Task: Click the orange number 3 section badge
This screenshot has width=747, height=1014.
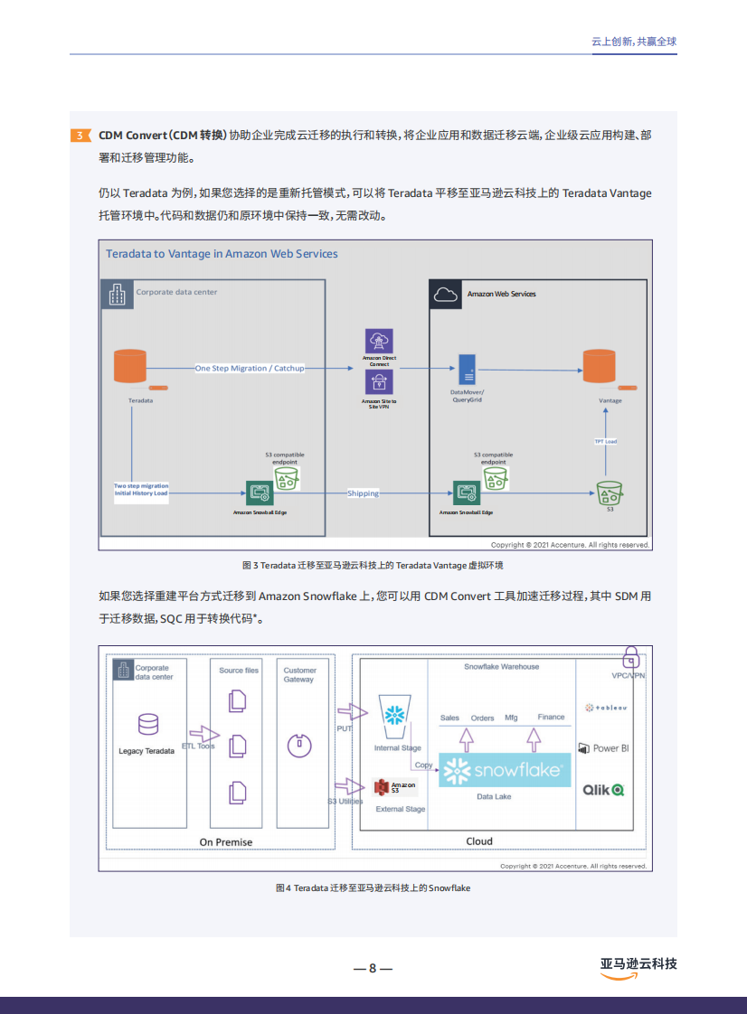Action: pyautogui.click(x=80, y=136)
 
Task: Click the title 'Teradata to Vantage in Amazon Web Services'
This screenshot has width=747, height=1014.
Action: pyautogui.click(x=222, y=254)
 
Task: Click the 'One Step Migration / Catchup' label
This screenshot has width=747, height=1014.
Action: pyautogui.click(x=250, y=369)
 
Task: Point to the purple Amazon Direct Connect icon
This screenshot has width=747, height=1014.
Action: pyautogui.click(x=379, y=342)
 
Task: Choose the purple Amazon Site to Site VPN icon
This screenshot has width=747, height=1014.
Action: pyautogui.click(x=379, y=383)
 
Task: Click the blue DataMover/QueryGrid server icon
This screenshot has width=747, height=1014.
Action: pyautogui.click(x=467, y=370)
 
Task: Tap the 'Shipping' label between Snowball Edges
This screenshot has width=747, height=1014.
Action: pyautogui.click(x=363, y=493)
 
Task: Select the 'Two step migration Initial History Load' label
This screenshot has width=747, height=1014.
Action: pyautogui.click(x=141, y=489)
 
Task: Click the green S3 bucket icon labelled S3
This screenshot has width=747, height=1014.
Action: pyautogui.click(x=610, y=493)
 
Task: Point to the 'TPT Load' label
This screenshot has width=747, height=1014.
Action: pyautogui.click(x=605, y=441)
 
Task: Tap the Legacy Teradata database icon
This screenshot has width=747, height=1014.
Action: pyautogui.click(x=148, y=725)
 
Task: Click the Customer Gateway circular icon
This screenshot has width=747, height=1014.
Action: pyautogui.click(x=298, y=745)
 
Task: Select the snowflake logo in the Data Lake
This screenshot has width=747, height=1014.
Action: pyautogui.click(x=504, y=770)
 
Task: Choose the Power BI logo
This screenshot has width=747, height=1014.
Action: pyautogui.click(x=603, y=748)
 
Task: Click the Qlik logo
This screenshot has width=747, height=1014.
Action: pyautogui.click(x=603, y=790)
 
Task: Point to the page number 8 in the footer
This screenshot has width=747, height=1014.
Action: pyautogui.click(x=372, y=968)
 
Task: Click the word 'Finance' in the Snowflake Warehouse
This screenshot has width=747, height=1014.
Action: pyautogui.click(x=551, y=718)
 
